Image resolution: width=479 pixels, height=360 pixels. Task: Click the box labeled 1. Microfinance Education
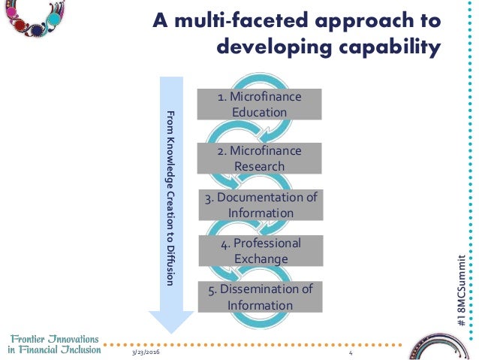click(259, 104)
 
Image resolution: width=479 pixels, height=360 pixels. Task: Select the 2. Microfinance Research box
click(259, 159)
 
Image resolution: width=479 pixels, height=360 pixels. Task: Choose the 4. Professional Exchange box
click(260, 251)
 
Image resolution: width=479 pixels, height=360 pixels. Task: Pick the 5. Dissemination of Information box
click(260, 297)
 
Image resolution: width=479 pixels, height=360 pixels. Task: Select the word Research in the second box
click(259, 166)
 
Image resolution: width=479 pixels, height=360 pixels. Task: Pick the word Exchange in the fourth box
click(260, 259)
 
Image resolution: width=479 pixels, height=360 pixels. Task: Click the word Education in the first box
click(259, 112)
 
